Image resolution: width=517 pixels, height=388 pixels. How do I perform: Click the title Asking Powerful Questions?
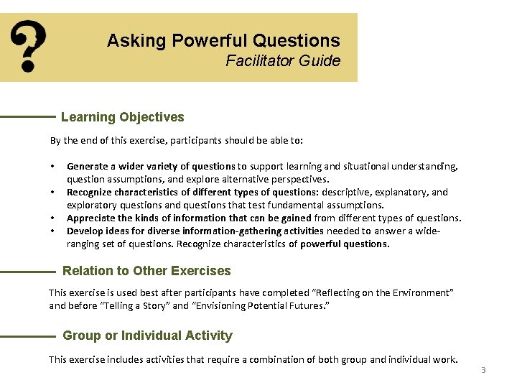click(223, 40)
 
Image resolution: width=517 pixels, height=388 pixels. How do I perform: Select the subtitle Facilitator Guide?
click(283, 61)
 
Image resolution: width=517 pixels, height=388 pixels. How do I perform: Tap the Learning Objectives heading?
click(123, 117)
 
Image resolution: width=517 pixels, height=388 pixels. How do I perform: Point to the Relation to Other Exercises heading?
click(147, 271)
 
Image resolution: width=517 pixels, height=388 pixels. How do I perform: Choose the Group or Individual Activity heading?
click(148, 336)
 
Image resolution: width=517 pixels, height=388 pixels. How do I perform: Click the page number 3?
click(483, 370)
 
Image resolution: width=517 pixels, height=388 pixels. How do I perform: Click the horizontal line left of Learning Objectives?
click(28, 116)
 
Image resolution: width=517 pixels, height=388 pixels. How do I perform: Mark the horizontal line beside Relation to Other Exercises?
click(28, 272)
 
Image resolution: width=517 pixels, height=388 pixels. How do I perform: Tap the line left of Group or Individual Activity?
click(28, 336)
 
